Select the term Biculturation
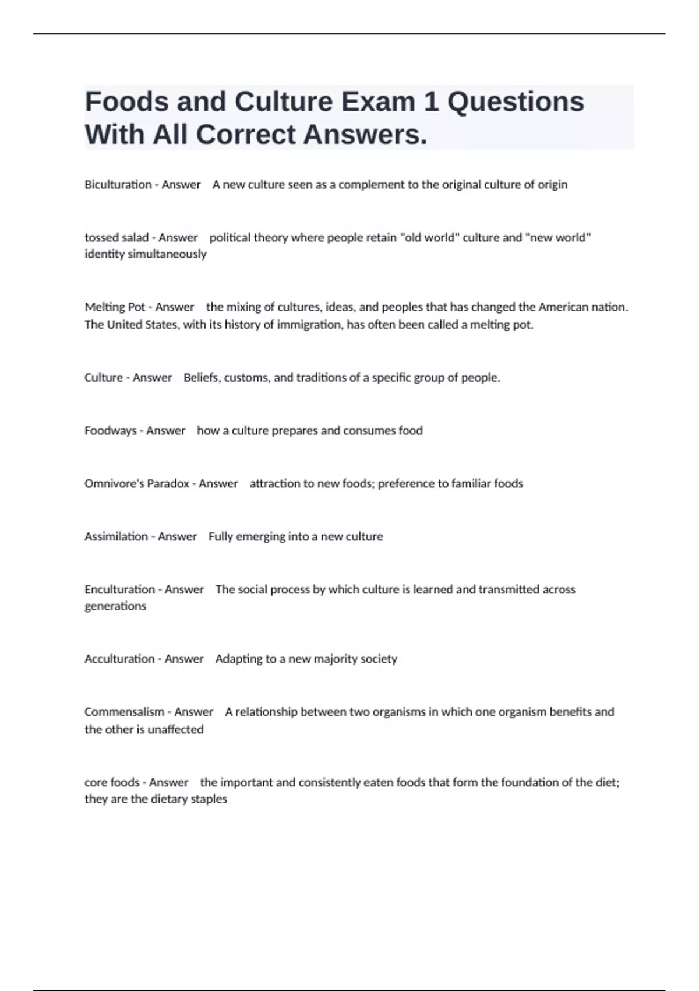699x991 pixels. click(x=118, y=185)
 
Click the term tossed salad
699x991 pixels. click(x=116, y=238)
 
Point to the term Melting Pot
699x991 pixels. click(x=115, y=307)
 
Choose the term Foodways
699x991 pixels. click(x=110, y=431)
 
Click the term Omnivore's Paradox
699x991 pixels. click(x=137, y=484)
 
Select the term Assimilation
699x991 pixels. click(x=116, y=537)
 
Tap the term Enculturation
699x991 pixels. click(x=119, y=590)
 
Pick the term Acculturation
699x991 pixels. click(x=119, y=659)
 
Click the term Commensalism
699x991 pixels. click(x=124, y=712)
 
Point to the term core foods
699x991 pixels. click(x=111, y=782)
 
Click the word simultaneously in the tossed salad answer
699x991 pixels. click(x=167, y=254)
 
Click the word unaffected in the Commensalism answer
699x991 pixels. click(x=175, y=729)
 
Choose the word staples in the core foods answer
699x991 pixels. click(x=209, y=799)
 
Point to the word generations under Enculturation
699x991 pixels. click(x=115, y=606)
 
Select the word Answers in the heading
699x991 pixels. click(x=365, y=135)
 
